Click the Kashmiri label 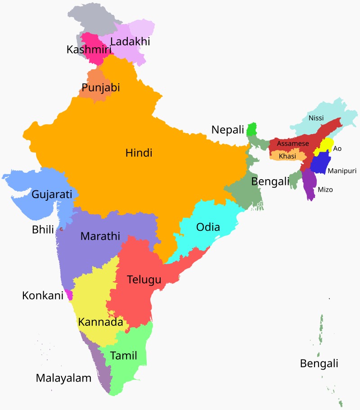click(x=89, y=50)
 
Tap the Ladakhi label click(x=130, y=42)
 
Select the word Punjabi click(x=101, y=88)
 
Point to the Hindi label click(x=139, y=153)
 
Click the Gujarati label click(x=52, y=195)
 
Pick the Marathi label click(x=100, y=236)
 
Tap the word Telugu click(x=144, y=279)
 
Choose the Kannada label click(x=100, y=322)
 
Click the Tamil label click(x=123, y=356)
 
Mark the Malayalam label click(x=63, y=378)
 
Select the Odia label click(x=208, y=227)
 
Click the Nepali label click(x=228, y=130)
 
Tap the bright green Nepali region click(x=252, y=129)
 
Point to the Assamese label click(x=293, y=144)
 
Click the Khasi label click(x=288, y=156)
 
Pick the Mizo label click(x=325, y=190)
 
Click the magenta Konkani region click(x=69, y=294)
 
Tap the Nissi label click(x=316, y=118)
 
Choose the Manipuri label click(x=342, y=171)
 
